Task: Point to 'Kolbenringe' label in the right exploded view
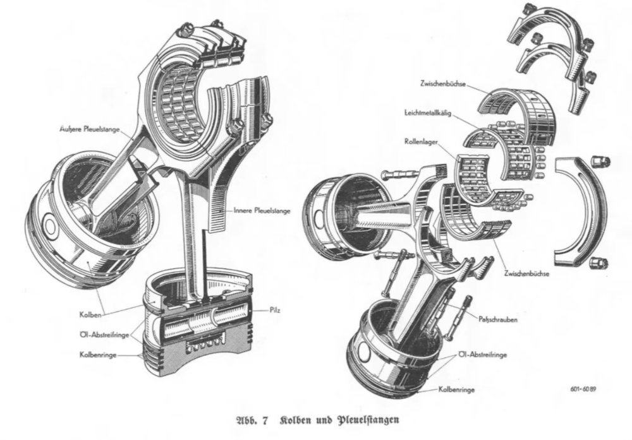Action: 459,391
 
